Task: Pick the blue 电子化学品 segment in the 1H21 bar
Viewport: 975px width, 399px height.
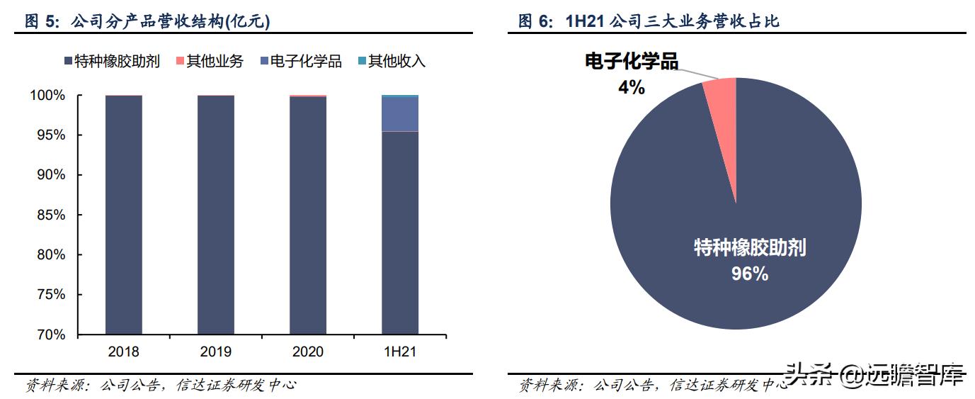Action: pos(399,114)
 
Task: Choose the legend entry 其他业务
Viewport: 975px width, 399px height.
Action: pos(208,62)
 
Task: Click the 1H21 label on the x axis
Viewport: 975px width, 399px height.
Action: pos(399,352)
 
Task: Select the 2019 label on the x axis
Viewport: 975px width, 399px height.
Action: pos(215,352)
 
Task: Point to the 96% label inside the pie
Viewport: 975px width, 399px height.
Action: pos(749,274)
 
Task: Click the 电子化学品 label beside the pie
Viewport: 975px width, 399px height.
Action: pos(631,62)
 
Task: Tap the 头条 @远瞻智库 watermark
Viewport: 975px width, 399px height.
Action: pos(874,376)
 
